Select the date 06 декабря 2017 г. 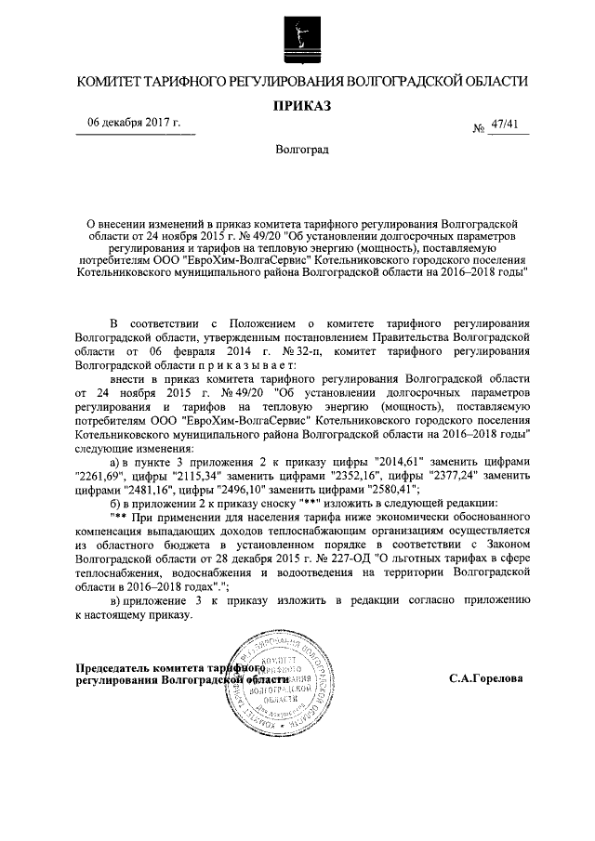tap(134, 124)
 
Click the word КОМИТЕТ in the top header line tap(108, 83)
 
